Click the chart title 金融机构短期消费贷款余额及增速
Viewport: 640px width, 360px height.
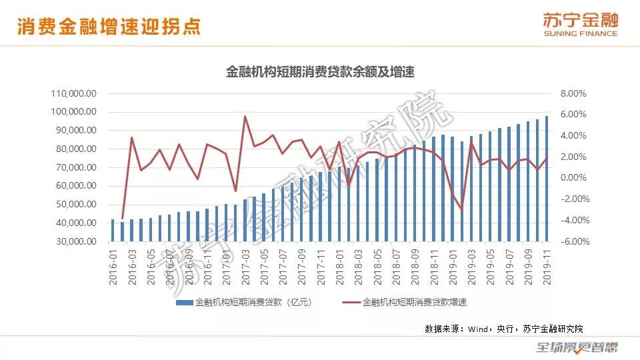pos(321,72)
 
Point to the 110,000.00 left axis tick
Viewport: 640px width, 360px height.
pos(74,93)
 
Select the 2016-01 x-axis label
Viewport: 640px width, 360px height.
pos(113,267)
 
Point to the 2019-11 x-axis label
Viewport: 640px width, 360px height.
pos(547,267)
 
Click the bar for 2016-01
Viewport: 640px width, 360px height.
pos(113,230)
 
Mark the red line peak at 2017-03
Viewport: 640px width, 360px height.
pos(245,117)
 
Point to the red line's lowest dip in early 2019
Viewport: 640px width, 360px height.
pos(461,209)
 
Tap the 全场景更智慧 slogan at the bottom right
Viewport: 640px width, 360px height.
pos(577,347)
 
